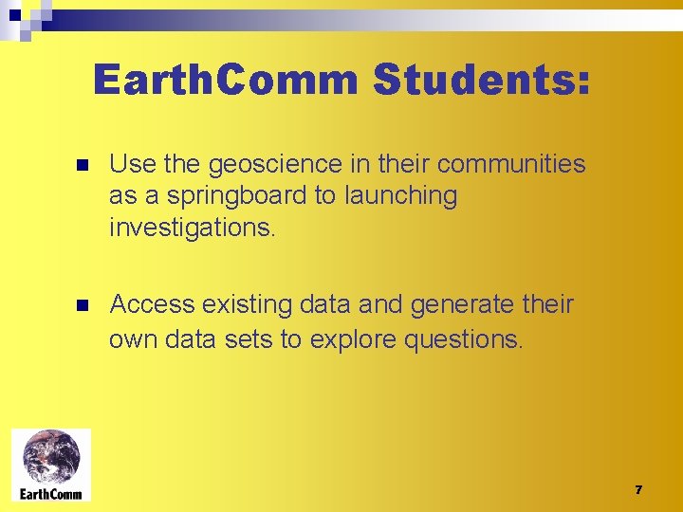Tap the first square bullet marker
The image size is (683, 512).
coord(82,165)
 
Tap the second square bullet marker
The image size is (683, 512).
coord(82,305)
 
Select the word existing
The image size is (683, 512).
coord(255,304)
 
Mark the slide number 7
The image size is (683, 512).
coord(638,490)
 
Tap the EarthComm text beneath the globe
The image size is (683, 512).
coord(51,493)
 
